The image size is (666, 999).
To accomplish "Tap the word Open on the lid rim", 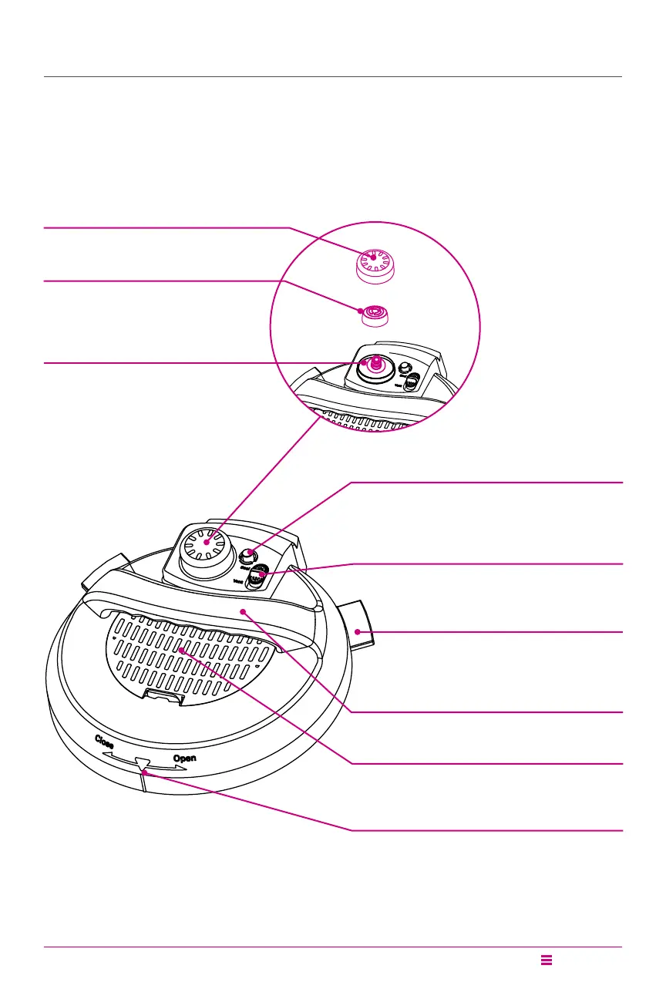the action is click(184, 758).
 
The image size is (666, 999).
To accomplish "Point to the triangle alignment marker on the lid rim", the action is click(140, 765).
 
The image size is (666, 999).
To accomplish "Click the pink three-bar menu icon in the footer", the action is click(547, 960).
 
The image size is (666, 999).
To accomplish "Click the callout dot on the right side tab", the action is click(358, 631).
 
